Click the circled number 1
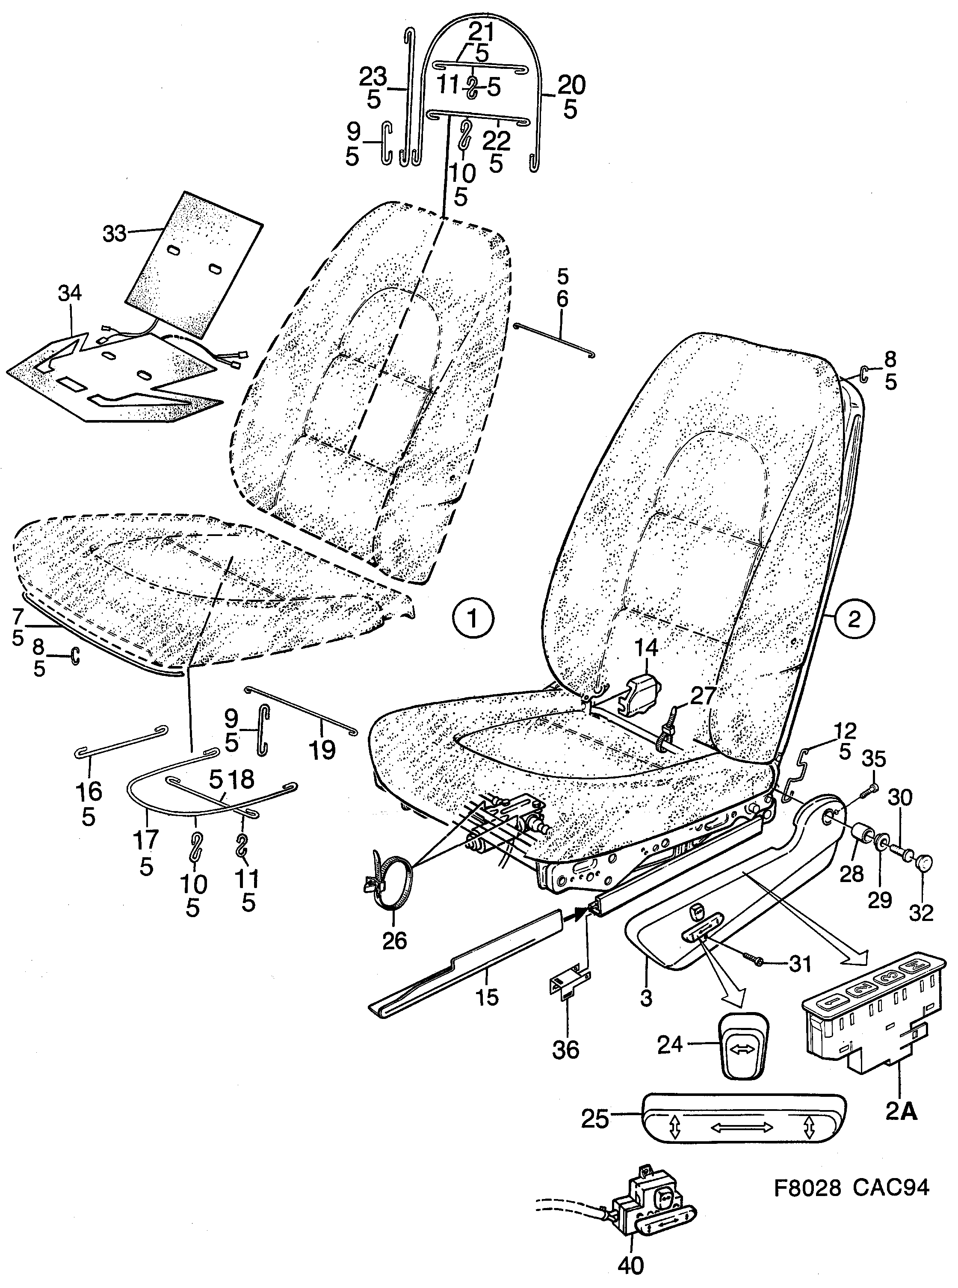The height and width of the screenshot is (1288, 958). [x=473, y=619]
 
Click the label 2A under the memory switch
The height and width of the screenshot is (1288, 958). [x=902, y=1112]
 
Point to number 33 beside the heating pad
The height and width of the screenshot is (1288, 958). [x=114, y=234]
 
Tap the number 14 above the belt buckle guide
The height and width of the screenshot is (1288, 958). [x=645, y=647]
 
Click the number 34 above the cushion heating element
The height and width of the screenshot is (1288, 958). [x=70, y=293]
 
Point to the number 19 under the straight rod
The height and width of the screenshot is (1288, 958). [x=322, y=750]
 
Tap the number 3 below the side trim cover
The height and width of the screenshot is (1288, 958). [x=646, y=998]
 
